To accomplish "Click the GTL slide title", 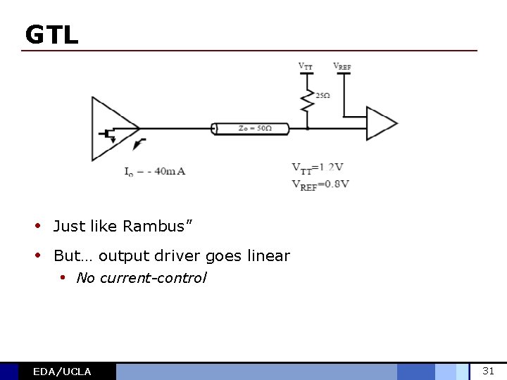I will pyautogui.click(x=51, y=34).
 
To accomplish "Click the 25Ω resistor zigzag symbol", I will pyautogui.click(x=307, y=101).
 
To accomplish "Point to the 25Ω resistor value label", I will pyautogui.click(x=323, y=96).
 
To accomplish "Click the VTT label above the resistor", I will pyautogui.click(x=306, y=66).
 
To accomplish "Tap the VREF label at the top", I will pyautogui.click(x=342, y=67).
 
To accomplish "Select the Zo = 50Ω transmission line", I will pyautogui.click(x=251, y=128).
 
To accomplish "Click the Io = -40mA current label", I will pyautogui.click(x=154, y=171).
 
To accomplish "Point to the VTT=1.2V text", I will pyautogui.click(x=318, y=167).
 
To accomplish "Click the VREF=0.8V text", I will pyautogui.click(x=320, y=184).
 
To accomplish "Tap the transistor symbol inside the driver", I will pyautogui.click(x=109, y=134).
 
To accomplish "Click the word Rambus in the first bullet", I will pyautogui.click(x=158, y=226).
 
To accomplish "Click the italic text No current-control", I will pyautogui.click(x=142, y=278).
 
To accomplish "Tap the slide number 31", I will pyautogui.click(x=488, y=371).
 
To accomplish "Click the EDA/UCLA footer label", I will pyautogui.click(x=62, y=372).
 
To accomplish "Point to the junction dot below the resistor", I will pyautogui.click(x=307, y=128).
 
